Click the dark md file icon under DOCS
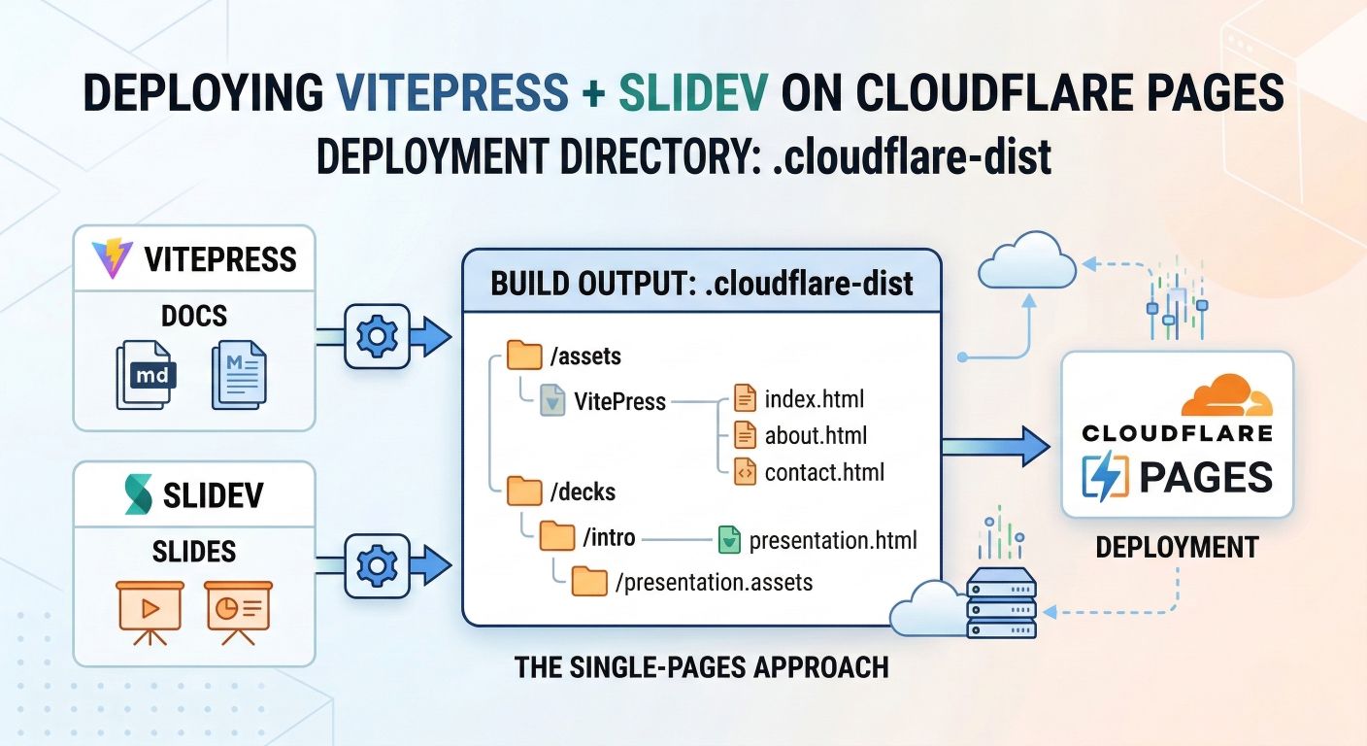tap(147, 373)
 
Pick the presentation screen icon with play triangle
tap(149, 608)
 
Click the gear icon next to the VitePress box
tap(377, 336)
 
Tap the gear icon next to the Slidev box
tap(377, 564)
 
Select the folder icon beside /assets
tap(524, 356)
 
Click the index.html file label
tap(814, 398)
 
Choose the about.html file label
tap(816, 435)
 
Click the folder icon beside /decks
tap(524, 491)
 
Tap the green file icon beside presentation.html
tap(729, 539)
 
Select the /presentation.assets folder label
tap(714, 583)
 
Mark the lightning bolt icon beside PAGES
tap(1105, 476)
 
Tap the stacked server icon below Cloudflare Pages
tap(1001, 603)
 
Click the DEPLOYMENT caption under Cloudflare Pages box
tap(1177, 548)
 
